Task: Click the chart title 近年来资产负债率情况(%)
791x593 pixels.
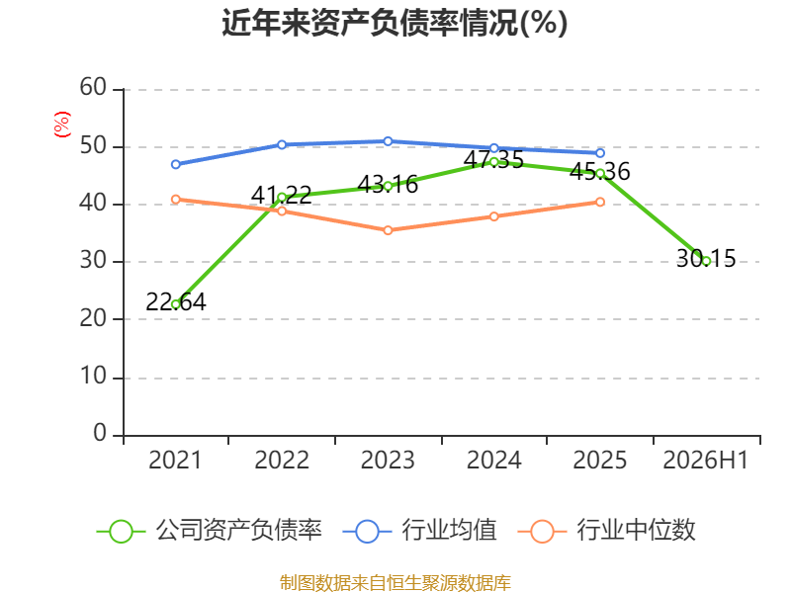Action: click(x=395, y=23)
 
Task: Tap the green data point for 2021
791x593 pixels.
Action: click(x=176, y=304)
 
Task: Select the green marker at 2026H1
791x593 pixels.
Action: click(x=706, y=261)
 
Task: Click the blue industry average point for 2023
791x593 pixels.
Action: click(x=388, y=141)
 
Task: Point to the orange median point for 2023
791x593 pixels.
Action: click(x=388, y=230)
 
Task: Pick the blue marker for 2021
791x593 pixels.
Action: click(x=176, y=164)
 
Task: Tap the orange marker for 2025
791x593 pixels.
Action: click(x=600, y=202)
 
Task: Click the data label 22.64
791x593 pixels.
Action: click(x=176, y=302)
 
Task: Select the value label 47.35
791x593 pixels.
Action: click(x=493, y=160)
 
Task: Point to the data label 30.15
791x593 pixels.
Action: click(x=706, y=258)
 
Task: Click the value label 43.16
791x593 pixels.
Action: click(x=388, y=184)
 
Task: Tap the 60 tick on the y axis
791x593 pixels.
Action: click(x=93, y=87)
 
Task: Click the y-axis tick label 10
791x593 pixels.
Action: click(x=93, y=376)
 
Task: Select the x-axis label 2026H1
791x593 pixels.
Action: click(x=705, y=460)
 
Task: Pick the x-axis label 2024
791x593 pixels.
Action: click(x=493, y=460)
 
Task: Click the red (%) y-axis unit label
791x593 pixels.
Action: click(x=61, y=125)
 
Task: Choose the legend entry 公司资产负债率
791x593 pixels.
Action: click(x=209, y=531)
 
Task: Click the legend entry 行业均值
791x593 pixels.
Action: click(x=419, y=531)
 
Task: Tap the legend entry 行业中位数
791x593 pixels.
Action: click(x=606, y=531)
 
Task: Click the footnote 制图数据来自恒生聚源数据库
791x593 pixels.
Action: click(x=395, y=582)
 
